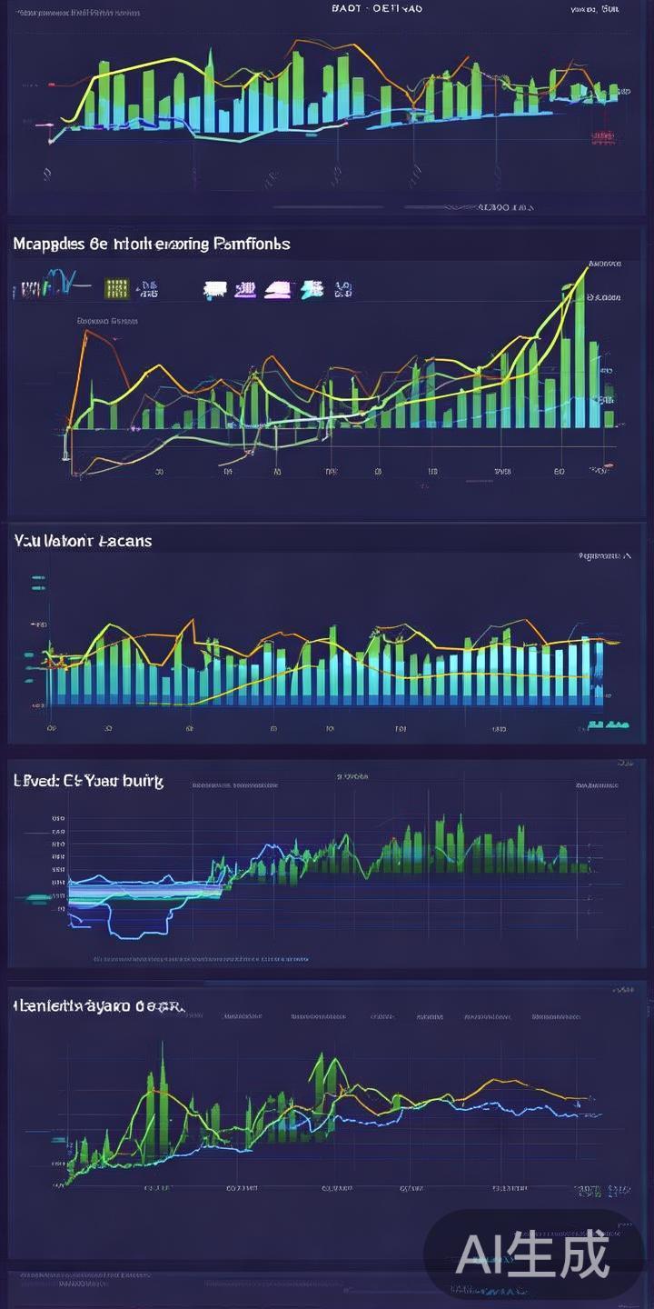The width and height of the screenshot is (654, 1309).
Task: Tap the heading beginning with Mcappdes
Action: pyautogui.click(x=152, y=244)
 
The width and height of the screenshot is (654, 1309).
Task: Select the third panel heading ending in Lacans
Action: pyautogui.click(x=83, y=540)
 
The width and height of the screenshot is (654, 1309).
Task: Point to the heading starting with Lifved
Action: pyautogui.click(x=88, y=781)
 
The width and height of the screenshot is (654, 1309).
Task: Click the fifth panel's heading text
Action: pyautogui.click(x=99, y=1006)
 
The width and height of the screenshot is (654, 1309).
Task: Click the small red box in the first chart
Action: pyautogui.click(x=601, y=137)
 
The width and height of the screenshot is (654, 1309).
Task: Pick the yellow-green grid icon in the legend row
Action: pyautogui.click(x=116, y=289)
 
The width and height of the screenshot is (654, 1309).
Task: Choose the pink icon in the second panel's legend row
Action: pyautogui.click(x=275, y=290)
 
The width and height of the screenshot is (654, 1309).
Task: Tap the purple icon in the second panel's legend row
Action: pyautogui.click(x=244, y=290)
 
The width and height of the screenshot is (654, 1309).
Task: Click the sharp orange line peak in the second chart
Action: pyautogui.click(x=87, y=333)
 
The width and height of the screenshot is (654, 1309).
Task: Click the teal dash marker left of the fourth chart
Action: pyautogui.click(x=39, y=898)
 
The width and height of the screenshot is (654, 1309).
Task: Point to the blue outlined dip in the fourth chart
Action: pyautogui.click(x=139, y=927)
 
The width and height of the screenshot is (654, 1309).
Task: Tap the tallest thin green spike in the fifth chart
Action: pyautogui.click(x=163, y=1091)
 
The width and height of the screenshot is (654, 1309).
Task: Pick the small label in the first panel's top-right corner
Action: pyautogui.click(x=595, y=9)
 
